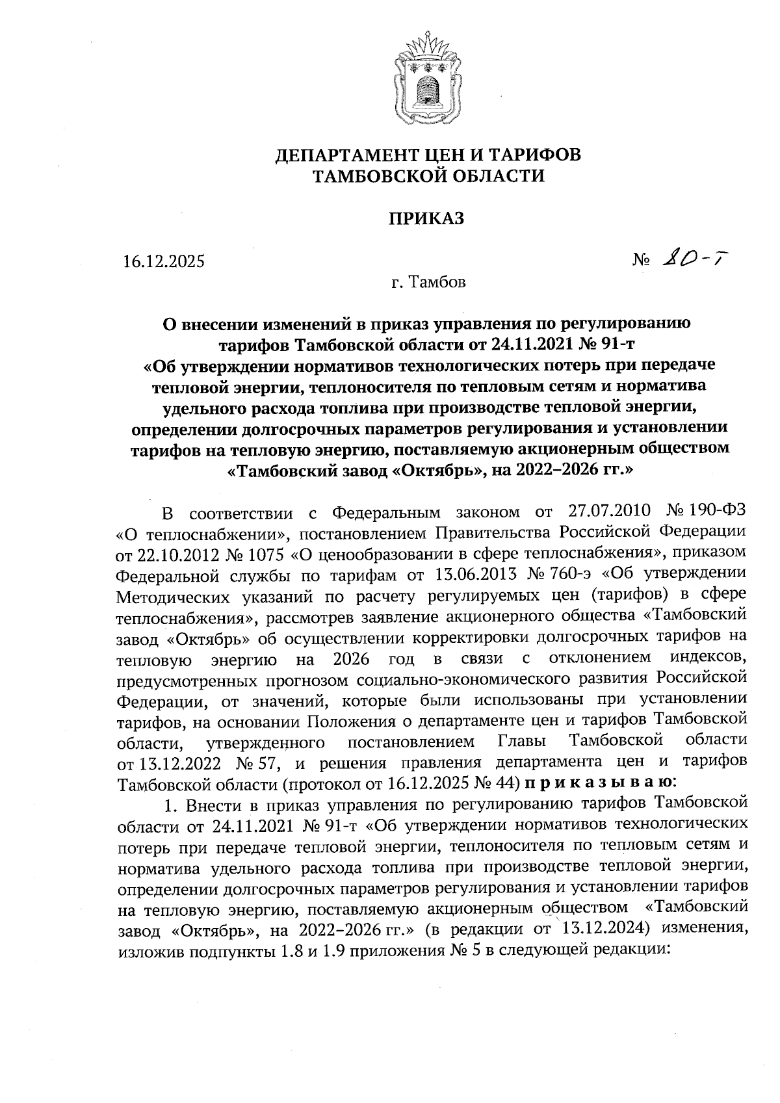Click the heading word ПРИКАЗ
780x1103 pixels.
[426, 219]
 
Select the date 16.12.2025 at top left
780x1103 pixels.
[164, 262]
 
